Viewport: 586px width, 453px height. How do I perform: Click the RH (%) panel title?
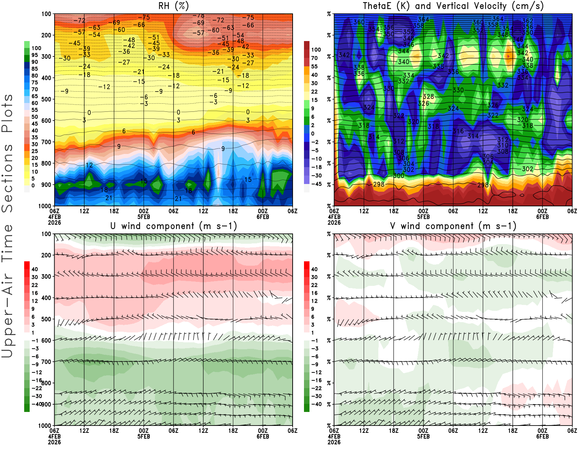[173, 6]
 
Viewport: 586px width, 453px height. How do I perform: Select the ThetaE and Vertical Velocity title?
[453, 6]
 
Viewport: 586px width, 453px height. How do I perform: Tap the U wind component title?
[173, 226]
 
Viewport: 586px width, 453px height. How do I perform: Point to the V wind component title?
[453, 226]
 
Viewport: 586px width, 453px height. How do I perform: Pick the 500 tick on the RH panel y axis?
[47, 99]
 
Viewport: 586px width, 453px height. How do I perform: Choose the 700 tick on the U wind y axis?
[47, 362]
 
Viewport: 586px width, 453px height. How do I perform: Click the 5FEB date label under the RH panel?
[144, 217]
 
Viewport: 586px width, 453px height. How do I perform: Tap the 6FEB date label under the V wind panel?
[542, 437]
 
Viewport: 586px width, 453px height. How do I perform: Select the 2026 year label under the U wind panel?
[54, 442]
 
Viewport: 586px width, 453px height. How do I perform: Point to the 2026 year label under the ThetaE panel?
[334, 222]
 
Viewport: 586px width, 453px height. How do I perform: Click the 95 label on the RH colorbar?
[34, 55]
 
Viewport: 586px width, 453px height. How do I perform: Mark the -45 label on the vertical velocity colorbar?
[316, 184]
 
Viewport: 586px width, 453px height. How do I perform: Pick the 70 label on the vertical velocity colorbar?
[314, 58]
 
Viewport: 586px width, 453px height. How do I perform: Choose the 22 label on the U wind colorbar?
[34, 285]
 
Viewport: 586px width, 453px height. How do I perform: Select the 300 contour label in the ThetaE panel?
[398, 176]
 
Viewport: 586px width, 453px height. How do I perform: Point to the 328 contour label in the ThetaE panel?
[428, 97]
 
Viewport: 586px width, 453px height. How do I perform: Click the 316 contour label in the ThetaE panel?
[458, 131]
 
